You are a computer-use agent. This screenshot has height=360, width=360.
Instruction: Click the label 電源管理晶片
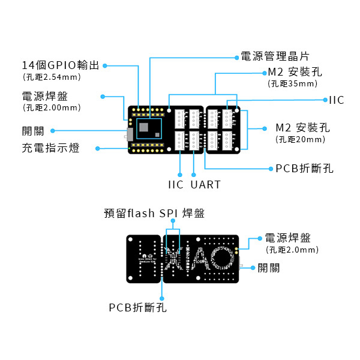point(275,57)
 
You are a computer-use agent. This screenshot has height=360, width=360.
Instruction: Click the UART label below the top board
point(205,184)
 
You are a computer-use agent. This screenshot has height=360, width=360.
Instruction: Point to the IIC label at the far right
point(337,100)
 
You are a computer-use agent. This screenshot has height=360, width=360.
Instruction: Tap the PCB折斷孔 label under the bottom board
point(137,307)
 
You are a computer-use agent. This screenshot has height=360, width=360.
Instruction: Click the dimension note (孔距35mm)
point(293,83)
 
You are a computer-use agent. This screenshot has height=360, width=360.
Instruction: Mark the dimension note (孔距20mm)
point(301,139)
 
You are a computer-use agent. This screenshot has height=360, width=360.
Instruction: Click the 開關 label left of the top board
point(33,131)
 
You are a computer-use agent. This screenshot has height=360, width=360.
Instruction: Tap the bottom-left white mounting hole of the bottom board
point(130,278)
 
